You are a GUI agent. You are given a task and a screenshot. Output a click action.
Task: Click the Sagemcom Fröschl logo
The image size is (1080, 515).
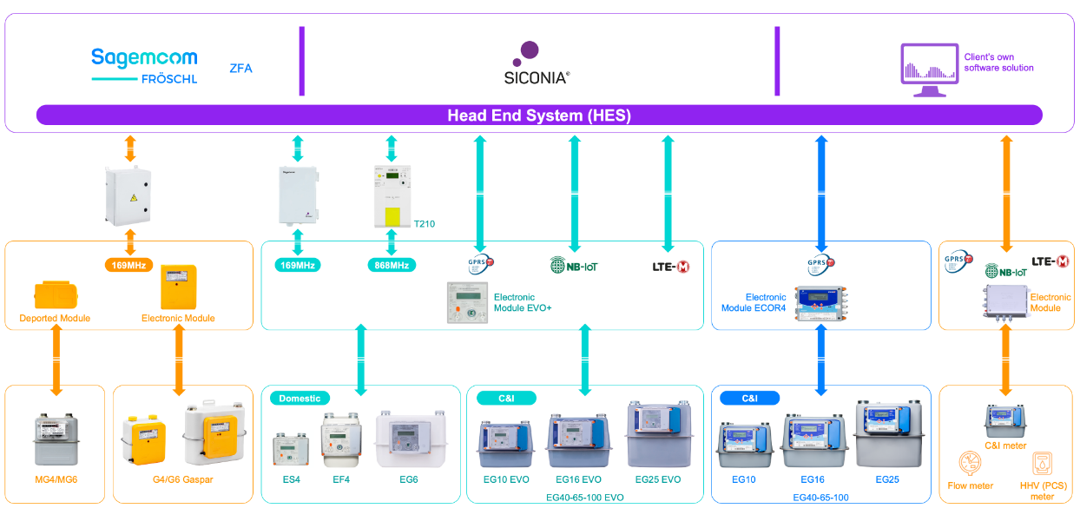144,66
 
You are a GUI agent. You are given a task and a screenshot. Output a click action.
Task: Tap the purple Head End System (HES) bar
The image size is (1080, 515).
538,116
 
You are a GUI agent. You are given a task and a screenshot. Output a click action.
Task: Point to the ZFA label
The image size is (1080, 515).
240,68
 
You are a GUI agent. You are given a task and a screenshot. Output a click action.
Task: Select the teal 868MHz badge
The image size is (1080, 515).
391,265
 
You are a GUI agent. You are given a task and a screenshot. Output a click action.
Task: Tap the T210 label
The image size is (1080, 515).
425,224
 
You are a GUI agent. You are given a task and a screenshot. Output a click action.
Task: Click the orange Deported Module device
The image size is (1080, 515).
54,294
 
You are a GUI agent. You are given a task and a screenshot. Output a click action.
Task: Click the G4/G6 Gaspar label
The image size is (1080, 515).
183,479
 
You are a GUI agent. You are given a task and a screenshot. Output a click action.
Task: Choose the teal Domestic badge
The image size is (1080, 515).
300,398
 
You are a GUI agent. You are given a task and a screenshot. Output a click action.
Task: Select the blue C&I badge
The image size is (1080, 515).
749,398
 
